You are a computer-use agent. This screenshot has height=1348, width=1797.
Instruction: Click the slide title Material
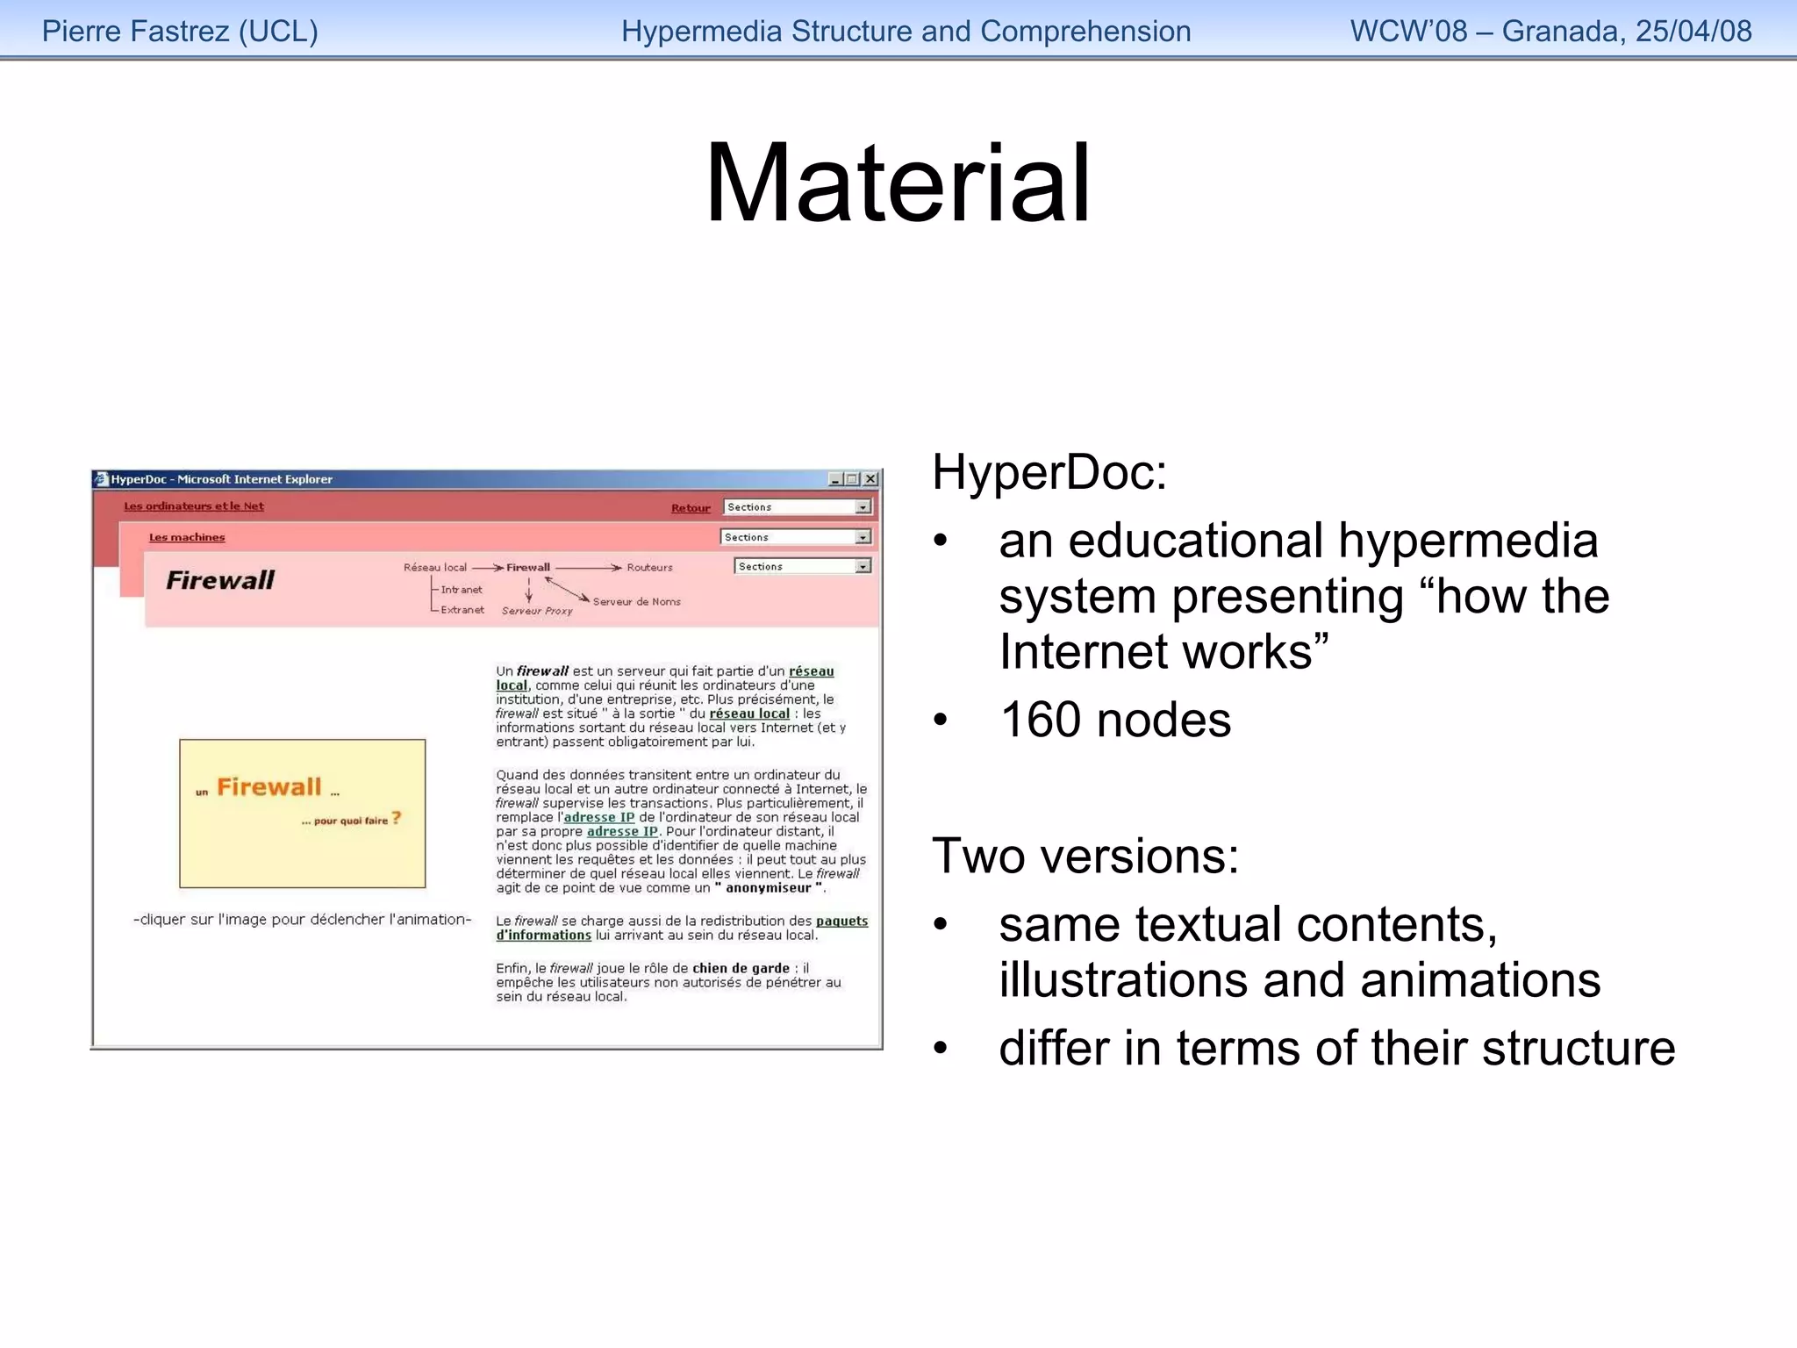click(x=898, y=185)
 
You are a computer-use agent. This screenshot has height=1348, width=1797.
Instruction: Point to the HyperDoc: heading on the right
click(x=1049, y=473)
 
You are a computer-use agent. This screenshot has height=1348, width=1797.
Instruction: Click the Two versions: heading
click(x=1085, y=857)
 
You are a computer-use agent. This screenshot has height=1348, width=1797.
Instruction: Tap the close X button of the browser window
click(x=870, y=479)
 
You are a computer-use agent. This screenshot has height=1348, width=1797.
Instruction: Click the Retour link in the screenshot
click(x=691, y=508)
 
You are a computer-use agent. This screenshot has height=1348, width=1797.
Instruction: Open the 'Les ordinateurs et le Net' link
click(x=194, y=506)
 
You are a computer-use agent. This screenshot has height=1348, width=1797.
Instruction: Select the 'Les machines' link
click(x=187, y=537)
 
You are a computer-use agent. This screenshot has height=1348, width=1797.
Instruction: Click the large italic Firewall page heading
click(x=220, y=580)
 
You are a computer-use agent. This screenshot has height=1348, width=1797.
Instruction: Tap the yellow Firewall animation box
click(x=302, y=814)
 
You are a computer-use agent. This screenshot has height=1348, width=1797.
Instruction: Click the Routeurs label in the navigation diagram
click(x=649, y=568)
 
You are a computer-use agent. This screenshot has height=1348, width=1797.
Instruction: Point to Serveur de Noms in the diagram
click(x=636, y=602)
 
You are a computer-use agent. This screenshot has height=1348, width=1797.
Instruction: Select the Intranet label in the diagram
click(x=462, y=590)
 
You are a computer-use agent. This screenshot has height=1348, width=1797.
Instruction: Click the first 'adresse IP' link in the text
click(x=598, y=818)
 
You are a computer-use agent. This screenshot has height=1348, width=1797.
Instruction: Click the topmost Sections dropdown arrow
click(x=863, y=507)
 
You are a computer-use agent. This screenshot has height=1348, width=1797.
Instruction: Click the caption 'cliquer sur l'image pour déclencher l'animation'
click(x=302, y=920)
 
